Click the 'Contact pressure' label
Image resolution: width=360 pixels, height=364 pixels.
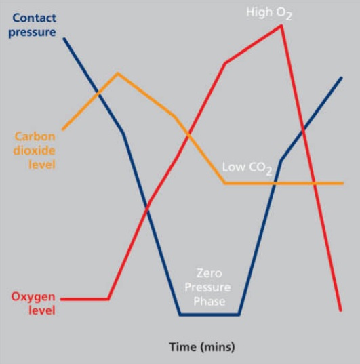pos(33,25)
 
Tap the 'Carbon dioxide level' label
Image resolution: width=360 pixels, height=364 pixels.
pos(35,150)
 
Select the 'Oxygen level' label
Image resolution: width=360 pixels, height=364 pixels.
pos(33,304)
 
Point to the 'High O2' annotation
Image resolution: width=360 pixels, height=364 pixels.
pos(268,14)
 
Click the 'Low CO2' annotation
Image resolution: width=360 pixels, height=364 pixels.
pos(247,168)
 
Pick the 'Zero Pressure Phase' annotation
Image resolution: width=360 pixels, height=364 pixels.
pos(208,287)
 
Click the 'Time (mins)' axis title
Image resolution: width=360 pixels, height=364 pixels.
pos(202,347)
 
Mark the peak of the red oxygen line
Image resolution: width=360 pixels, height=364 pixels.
pos(281,26)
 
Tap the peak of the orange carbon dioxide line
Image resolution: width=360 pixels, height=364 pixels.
pos(118,74)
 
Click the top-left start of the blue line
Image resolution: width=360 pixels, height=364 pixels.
pos(64,39)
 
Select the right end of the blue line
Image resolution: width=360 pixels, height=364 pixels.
pos(342,77)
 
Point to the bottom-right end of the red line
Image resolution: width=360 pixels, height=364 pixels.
pos(341,310)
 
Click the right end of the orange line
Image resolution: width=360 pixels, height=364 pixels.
pos(342,184)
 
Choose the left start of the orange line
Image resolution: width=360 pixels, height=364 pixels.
pos(63,129)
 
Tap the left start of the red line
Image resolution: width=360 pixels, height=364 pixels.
pos(61,299)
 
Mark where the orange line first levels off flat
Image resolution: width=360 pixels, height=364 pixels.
pos(224,183)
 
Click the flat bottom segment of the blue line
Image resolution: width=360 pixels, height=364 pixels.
pos(209,315)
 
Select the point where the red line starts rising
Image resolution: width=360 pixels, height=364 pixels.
pos(108,299)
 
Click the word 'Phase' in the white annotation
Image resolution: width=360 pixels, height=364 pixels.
pos(209,302)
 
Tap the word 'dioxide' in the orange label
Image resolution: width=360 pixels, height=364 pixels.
pos(35,150)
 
